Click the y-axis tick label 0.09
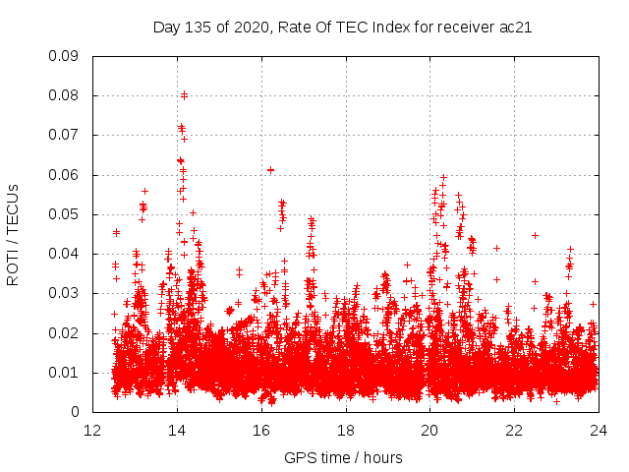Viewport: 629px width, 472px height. (64, 56)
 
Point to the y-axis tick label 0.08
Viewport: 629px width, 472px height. (64, 95)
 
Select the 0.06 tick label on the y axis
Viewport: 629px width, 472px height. (64, 175)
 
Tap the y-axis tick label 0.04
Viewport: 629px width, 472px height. (64, 254)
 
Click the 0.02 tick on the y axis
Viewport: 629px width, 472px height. (64, 332)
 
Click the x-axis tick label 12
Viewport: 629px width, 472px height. (92, 431)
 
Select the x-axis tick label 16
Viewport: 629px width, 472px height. (261, 431)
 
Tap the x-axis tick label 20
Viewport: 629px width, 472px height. (430, 431)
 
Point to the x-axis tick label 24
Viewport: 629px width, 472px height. (599, 431)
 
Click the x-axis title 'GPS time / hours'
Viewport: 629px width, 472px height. (343, 457)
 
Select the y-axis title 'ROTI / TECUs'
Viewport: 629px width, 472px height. (14, 234)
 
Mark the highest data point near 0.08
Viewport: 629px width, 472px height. (184, 94)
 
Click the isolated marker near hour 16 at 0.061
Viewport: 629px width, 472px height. (270, 170)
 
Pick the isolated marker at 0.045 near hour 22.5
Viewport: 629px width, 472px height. (535, 235)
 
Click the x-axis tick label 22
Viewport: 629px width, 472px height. (515, 431)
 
